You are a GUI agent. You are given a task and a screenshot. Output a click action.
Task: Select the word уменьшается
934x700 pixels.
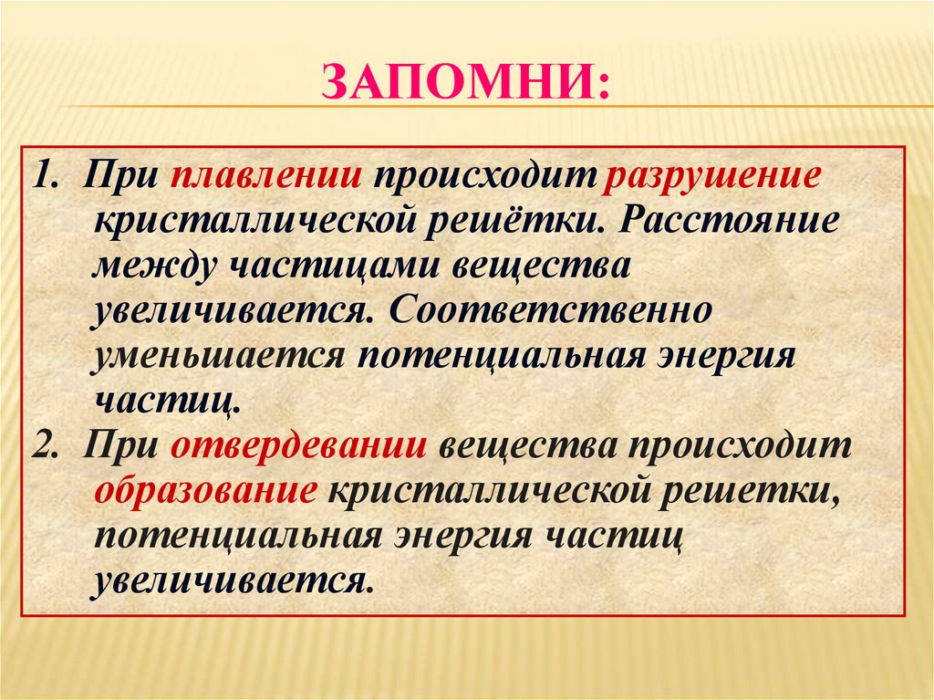click(x=218, y=354)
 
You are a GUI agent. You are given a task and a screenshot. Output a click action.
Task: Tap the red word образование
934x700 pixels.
click(x=205, y=492)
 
